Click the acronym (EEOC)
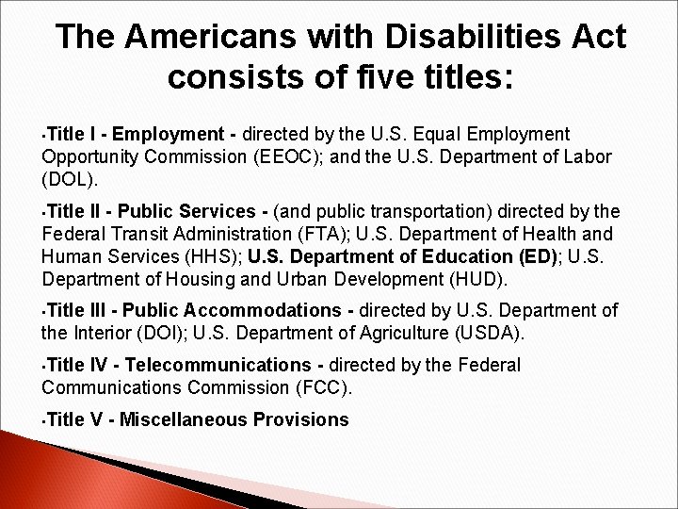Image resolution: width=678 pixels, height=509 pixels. coord(291,156)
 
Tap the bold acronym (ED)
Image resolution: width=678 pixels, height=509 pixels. coord(537,257)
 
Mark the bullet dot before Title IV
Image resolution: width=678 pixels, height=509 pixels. coord(43,367)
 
